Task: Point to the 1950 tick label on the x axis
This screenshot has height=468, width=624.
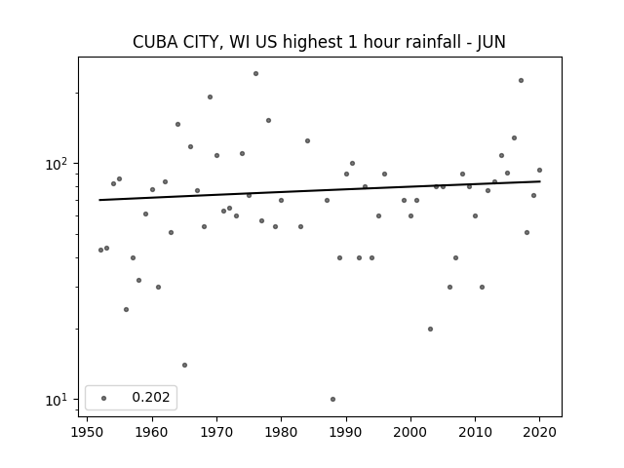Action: (x=87, y=432)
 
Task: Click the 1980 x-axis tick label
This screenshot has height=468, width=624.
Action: (x=282, y=432)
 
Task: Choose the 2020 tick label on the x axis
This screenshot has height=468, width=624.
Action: (x=539, y=432)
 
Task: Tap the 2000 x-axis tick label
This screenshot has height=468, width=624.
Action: (x=410, y=432)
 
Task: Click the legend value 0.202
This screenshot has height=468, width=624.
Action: (x=151, y=397)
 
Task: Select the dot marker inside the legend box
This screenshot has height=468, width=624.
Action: (x=104, y=398)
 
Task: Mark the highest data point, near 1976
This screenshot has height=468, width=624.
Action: (x=255, y=74)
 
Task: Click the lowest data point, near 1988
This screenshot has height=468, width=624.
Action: (x=333, y=399)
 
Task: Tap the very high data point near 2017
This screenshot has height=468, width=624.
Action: (x=521, y=80)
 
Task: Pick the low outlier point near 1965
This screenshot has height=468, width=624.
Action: (x=184, y=365)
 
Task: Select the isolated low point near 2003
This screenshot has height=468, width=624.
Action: (x=430, y=330)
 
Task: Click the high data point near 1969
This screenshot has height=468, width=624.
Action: (x=211, y=97)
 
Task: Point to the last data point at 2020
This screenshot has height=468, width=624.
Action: (x=539, y=171)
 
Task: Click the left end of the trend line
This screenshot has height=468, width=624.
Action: (x=99, y=200)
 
